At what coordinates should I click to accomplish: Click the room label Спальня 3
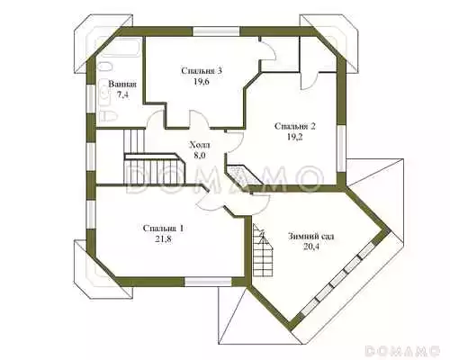click(x=202, y=71)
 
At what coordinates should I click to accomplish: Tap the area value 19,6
click(x=201, y=82)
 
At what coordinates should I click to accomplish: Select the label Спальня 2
click(x=295, y=126)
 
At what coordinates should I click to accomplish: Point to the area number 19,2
click(x=294, y=137)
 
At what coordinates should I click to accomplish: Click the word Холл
click(x=200, y=145)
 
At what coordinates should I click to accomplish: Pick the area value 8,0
click(x=200, y=156)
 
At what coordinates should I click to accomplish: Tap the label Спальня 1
click(x=163, y=229)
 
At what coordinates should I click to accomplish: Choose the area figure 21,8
click(x=163, y=239)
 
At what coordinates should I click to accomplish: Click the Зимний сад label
click(x=310, y=237)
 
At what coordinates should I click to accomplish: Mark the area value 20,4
click(x=310, y=247)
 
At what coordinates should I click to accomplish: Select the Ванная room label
click(x=122, y=85)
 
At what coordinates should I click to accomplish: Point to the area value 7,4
click(x=122, y=95)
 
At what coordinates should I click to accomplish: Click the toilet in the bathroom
click(x=105, y=116)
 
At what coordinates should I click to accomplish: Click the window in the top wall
click(x=216, y=31)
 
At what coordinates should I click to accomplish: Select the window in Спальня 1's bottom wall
click(x=208, y=282)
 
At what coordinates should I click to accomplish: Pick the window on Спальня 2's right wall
click(x=341, y=148)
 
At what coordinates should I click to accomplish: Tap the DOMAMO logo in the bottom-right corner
click(x=402, y=351)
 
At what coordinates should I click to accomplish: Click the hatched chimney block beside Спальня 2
click(x=243, y=175)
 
